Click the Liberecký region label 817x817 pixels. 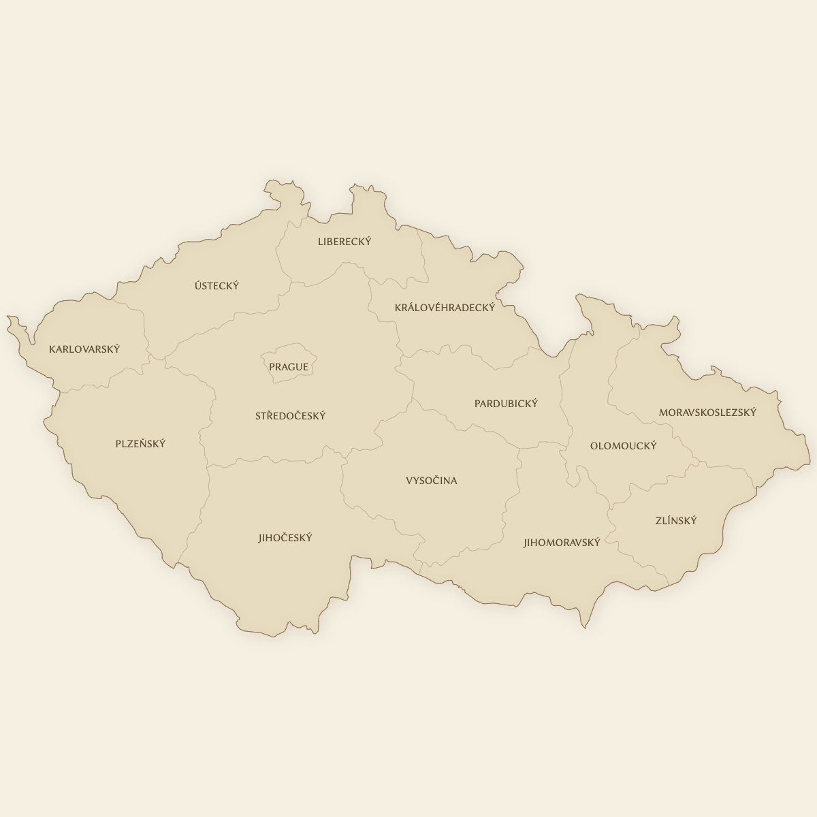click(345, 242)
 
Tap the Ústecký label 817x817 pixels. click(217, 286)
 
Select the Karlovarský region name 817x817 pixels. click(84, 349)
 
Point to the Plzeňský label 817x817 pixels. click(140, 444)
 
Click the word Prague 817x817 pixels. click(289, 367)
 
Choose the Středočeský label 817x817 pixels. click(291, 416)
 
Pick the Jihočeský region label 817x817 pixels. click(285, 538)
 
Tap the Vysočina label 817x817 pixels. click(432, 481)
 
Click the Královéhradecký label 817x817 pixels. click(445, 308)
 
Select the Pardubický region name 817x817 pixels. click(506, 404)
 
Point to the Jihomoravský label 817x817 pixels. click(562, 543)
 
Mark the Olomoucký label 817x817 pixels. click(624, 446)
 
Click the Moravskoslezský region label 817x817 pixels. click(707, 413)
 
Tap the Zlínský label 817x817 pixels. click(676, 521)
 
